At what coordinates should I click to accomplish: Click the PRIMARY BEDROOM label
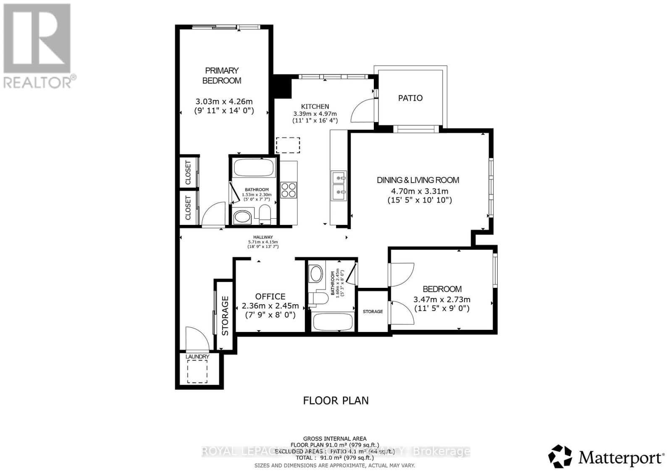point(221,76)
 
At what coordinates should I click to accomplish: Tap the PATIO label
point(410,98)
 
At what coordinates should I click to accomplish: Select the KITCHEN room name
point(315,107)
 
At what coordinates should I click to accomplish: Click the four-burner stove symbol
point(289,190)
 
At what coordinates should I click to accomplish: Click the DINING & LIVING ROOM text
point(418,180)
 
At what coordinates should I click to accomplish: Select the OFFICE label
point(270,297)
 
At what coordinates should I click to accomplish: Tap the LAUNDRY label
point(197,357)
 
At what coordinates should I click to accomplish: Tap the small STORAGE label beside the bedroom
point(373,311)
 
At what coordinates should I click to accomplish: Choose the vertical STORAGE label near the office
point(225,316)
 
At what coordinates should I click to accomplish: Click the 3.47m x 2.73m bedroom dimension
point(442,299)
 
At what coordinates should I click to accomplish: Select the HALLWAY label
point(263,237)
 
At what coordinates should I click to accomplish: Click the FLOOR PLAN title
point(336,400)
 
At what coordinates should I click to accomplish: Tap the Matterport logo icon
point(560,456)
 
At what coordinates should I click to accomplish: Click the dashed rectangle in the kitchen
point(288,145)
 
